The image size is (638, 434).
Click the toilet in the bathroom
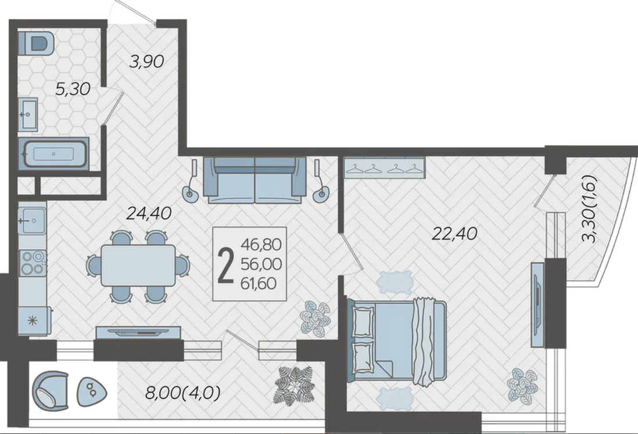click(x=36, y=43)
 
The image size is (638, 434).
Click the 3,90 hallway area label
click(x=146, y=62)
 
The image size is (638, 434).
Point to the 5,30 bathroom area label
click(x=73, y=89)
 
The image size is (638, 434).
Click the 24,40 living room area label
click(x=149, y=213)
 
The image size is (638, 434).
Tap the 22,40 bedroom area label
click(x=454, y=234)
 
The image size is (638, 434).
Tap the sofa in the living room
click(x=255, y=180)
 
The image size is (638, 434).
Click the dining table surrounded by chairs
click(x=138, y=266)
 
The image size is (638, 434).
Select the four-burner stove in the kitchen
click(x=33, y=263)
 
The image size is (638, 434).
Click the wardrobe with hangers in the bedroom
click(x=385, y=167)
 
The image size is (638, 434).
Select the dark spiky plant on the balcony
click(x=295, y=385)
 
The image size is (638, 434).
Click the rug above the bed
click(x=395, y=282)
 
